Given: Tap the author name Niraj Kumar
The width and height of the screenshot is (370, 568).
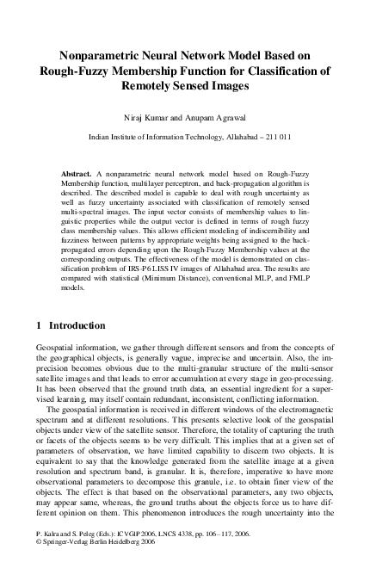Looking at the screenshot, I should (148, 116).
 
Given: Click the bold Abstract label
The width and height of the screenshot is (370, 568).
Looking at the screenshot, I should (77, 175).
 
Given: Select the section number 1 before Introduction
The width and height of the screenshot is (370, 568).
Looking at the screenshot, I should (40, 326).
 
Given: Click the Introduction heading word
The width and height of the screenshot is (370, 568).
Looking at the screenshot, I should (77, 326).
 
